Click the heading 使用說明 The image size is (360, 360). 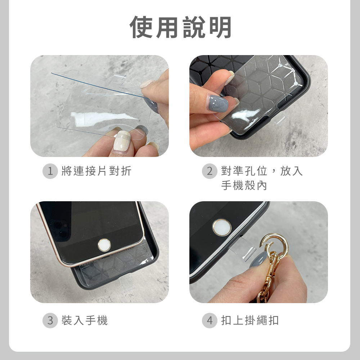pyautogui.click(x=180, y=27)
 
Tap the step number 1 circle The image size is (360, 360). pyautogui.click(x=50, y=171)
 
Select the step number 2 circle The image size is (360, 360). pyautogui.click(x=210, y=171)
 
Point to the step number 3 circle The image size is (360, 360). pyautogui.click(x=50, y=320)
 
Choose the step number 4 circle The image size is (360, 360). pyautogui.click(x=210, y=320)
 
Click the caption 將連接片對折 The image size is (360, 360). pyautogui.click(x=96, y=171)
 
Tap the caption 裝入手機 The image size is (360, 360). pyautogui.click(x=85, y=320)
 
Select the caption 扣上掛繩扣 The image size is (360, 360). pyautogui.click(x=250, y=320)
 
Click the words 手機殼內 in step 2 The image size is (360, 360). pyautogui.click(x=244, y=185)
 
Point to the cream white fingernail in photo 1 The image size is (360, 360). pyautogui.click(x=122, y=141)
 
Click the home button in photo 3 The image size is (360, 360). pyautogui.click(x=104, y=245)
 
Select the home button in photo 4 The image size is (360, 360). pyautogui.click(x=221, y=227)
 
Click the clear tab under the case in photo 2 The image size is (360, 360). pyautogui.click(x=279, y=119)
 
